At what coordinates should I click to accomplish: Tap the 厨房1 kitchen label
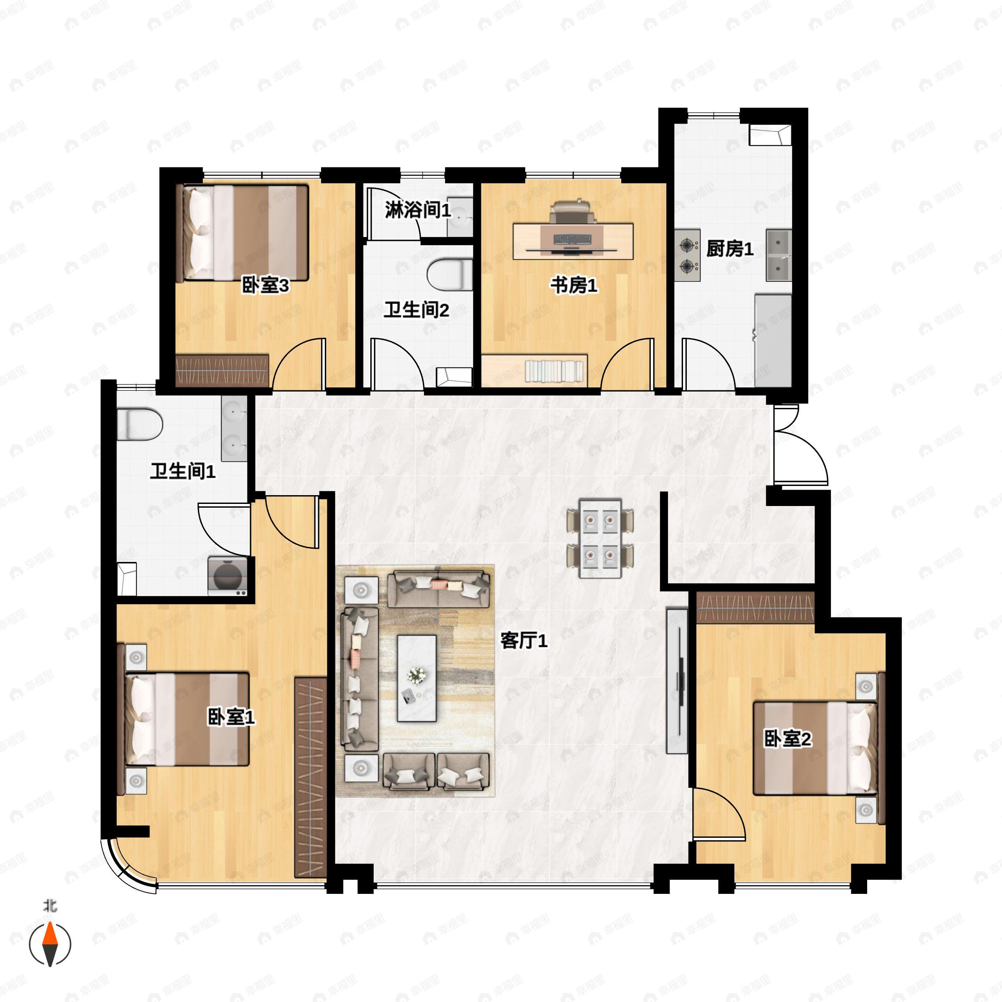[x=730, y=249]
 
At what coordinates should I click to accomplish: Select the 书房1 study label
[x=574, y=285]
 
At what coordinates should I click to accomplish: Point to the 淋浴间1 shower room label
[x=418, y=210]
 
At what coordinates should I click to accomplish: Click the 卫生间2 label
[x=417, y=310]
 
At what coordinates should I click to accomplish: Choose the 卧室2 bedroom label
[x=788, y=739]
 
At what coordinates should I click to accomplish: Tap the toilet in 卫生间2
[x=450, y=274]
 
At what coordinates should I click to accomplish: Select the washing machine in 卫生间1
[x=228, y=576]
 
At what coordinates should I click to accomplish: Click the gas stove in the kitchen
[x=688, y=255]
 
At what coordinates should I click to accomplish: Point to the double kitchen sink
[x=779, y=255]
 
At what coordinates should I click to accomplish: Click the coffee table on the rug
[x=417, y=678]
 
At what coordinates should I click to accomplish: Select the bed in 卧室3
[x=243, y=233]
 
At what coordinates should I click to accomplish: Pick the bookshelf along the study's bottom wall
[x=534, y=370]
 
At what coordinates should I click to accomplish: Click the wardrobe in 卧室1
[x=311, y=777]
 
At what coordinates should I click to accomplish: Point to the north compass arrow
[x=50, y=944]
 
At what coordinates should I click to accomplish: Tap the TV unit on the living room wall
[x=677, y=681]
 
